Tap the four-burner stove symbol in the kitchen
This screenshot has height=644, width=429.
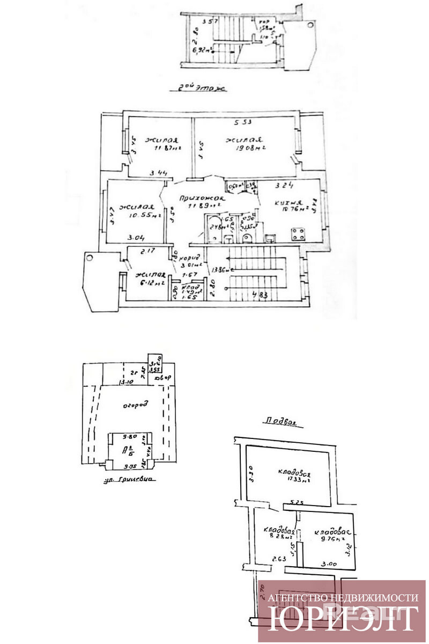pos(298,234)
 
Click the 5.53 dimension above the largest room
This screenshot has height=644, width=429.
pos(243,121)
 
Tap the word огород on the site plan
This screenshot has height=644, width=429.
pos(136,404)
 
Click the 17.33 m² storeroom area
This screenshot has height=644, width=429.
pos(293,481)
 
